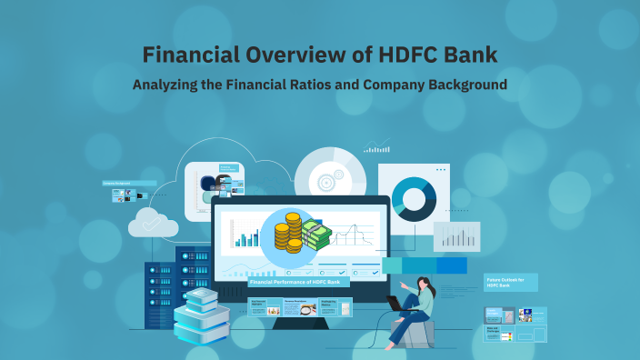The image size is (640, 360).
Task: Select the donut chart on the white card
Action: tap(414, 194)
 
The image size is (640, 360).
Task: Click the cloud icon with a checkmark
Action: tap(152, 223)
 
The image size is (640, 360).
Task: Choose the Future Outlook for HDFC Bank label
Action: tap(510, 283)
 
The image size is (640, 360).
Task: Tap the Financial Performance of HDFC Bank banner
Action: tap(299, 283)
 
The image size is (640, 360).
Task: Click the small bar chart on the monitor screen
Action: tap(245, 235)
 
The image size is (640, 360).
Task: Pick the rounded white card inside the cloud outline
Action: tap(215, 191)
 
